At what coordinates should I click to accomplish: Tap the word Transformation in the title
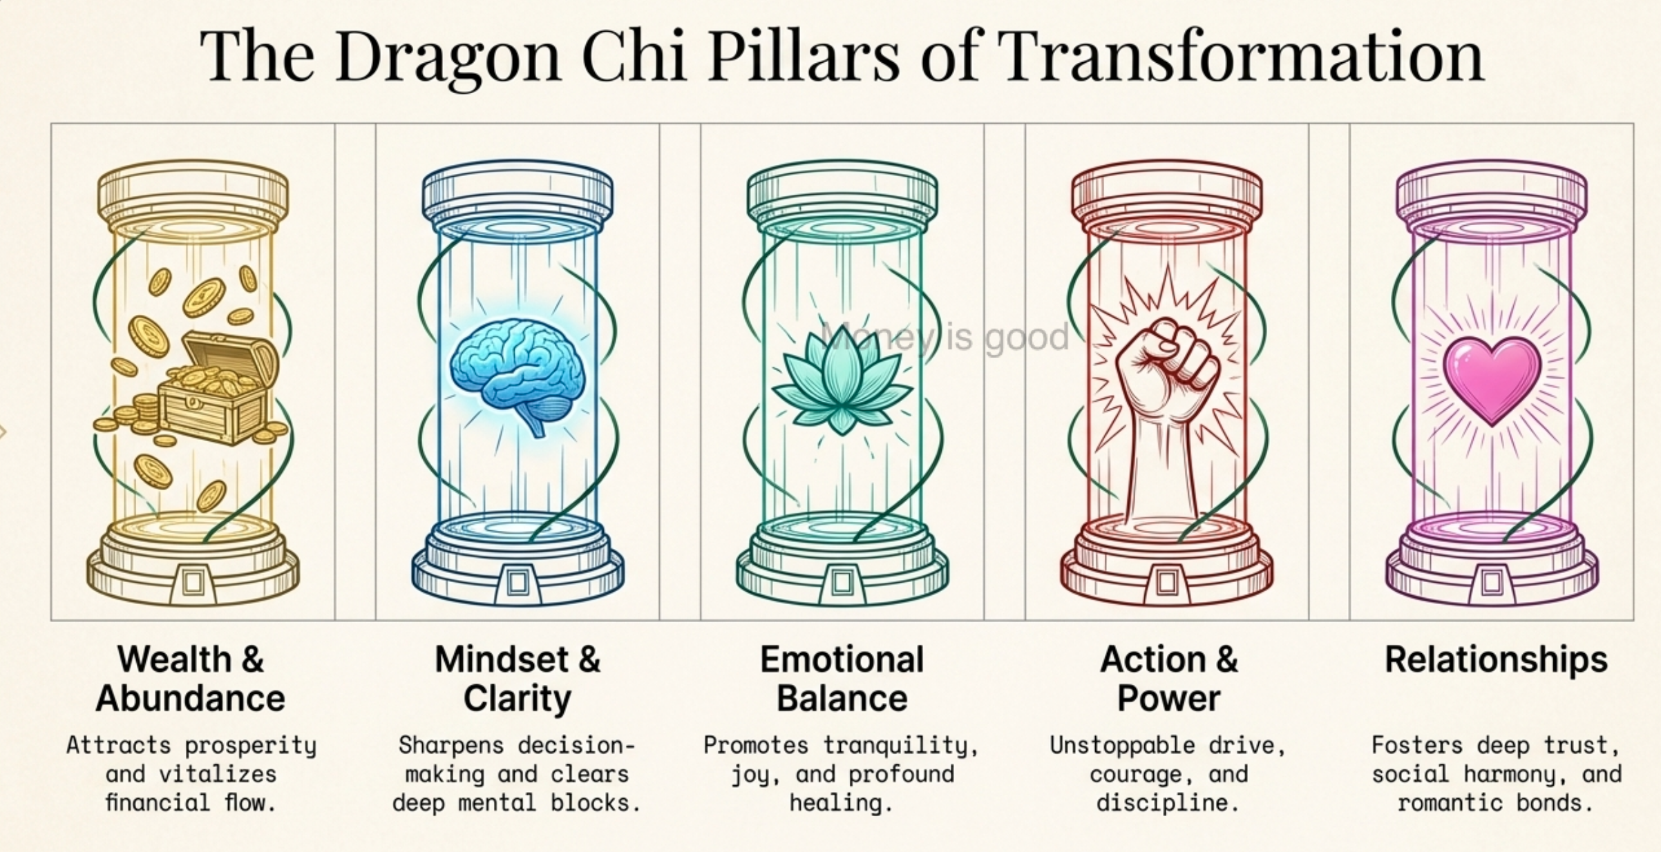[x=1241, y=55]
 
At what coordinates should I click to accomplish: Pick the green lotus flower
[x=842, y=380]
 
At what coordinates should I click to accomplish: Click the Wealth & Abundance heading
[x=191, y=679]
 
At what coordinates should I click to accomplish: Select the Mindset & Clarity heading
[x=518, y=679]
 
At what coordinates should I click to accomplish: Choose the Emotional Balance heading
[x=842, y=679]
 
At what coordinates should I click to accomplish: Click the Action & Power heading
[x=1168, y=679]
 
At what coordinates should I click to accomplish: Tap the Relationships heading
[x=1497, y=661]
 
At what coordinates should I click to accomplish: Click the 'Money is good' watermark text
[x=945, y=338]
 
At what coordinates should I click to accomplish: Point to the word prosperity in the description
[x=251, y=746]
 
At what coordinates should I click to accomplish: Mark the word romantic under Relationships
[x=1449, y=803]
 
